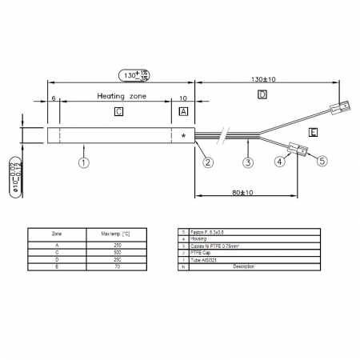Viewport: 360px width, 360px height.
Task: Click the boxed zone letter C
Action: (118, 111)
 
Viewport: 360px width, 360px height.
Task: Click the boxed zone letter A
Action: (183, 111)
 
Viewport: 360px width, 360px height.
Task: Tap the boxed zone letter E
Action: (313, 130)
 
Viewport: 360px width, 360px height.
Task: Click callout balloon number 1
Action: (83, 162)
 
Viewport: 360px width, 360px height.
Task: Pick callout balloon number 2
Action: (208, 162)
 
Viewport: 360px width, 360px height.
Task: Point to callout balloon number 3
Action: (248, 162)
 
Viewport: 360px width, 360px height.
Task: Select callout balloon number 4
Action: (280, 162)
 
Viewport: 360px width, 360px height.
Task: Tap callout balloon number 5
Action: (322, 160)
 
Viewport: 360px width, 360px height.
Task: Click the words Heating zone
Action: (122, 95)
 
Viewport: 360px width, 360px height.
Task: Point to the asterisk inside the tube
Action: (184, 136)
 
